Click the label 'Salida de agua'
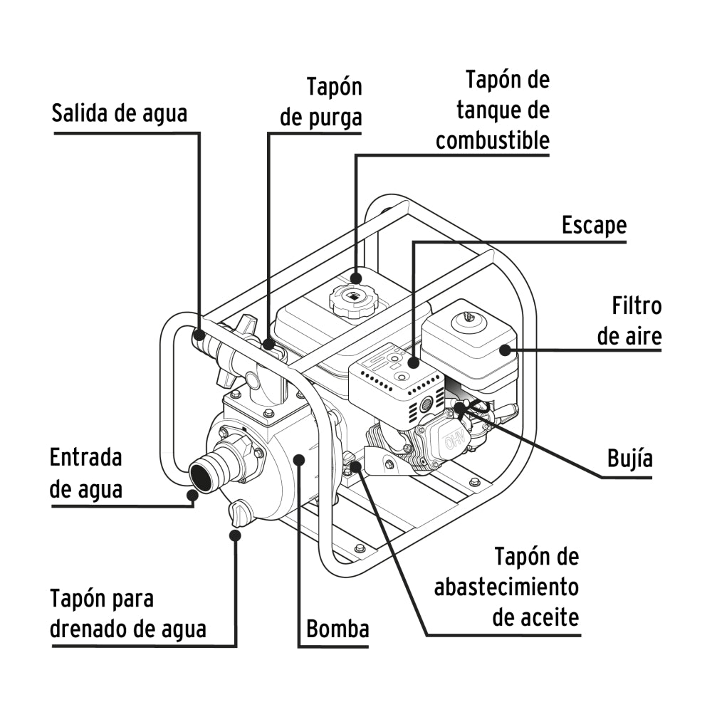120,113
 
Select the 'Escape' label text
594,225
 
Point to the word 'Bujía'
630,458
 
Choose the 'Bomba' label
337,629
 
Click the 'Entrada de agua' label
86,473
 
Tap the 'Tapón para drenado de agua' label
128,614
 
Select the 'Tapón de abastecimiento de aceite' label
507,587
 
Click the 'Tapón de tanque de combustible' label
493,110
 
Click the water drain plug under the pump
239,512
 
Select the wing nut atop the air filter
468,315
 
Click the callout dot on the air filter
506,349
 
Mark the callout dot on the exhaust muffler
414,363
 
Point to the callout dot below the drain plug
234,535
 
